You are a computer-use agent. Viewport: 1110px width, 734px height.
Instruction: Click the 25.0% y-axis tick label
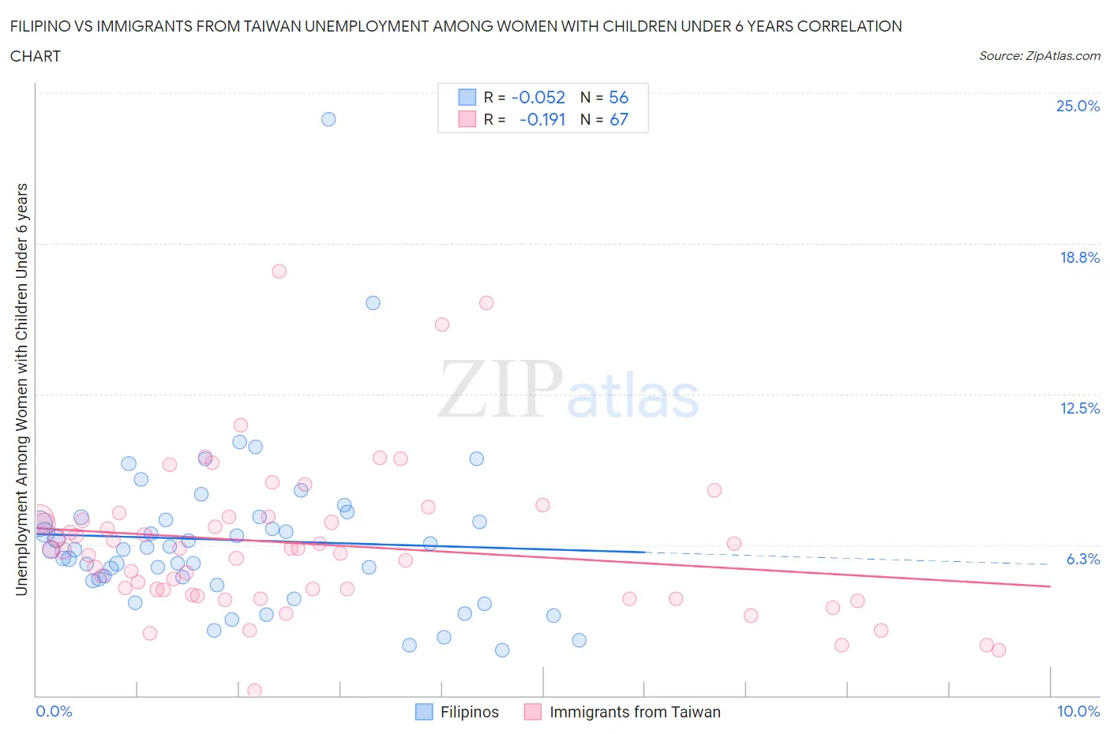point(1078,106)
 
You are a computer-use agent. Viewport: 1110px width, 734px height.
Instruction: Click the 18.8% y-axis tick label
point(1079,257)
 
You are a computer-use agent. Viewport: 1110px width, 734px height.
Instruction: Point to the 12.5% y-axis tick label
point(1079,408)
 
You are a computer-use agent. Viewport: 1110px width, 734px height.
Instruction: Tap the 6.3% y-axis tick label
point(1082,559)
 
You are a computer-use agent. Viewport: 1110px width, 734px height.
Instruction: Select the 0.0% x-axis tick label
point(54,711)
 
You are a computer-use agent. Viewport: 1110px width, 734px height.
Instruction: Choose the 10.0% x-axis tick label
point(1078,711)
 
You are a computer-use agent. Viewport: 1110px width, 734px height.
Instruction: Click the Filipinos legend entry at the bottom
point(469,712)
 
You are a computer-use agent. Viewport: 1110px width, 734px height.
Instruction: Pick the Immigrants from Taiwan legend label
point(635,712)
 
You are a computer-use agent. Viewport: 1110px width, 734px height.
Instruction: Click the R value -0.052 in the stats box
point(538,97)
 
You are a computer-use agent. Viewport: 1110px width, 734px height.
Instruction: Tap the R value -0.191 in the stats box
point(542,119)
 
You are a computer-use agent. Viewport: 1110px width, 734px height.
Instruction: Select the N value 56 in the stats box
point(619,97)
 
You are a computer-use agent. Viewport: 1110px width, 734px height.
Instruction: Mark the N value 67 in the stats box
point(619,119)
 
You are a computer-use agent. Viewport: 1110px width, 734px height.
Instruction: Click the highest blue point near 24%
point(328,119)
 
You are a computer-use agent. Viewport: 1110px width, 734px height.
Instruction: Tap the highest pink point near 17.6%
point(279,271)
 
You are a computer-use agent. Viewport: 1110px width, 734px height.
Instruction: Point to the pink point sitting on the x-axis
point(254,691)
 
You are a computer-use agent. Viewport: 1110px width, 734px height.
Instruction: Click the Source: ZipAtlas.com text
point(1039,56)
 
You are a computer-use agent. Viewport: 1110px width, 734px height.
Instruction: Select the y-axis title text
point(22,389)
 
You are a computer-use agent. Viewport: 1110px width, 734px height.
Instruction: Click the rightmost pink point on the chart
point(999,650)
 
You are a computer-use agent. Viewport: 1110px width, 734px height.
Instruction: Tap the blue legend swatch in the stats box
point(467,97)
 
